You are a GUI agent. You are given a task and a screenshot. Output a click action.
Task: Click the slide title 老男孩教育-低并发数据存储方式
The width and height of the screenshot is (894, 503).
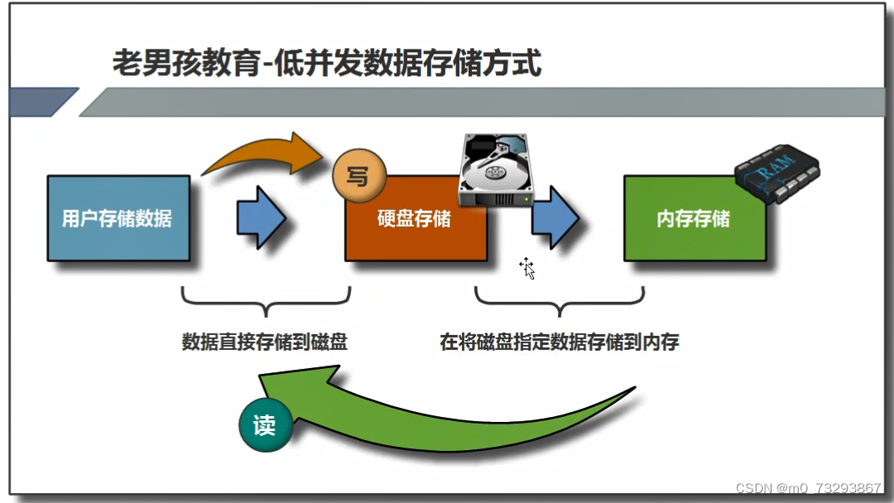tap(326, 63)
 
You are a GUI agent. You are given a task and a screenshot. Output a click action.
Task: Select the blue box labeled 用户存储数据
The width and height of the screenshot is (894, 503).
tap(118, 218)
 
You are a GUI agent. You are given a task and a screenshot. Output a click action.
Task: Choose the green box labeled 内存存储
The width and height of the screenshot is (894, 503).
tap(694, 219)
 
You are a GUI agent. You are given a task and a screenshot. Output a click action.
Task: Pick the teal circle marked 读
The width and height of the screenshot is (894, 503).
tap(264, 426)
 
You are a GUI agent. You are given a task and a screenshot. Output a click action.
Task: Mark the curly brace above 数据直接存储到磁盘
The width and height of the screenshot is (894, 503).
tap(265, 303)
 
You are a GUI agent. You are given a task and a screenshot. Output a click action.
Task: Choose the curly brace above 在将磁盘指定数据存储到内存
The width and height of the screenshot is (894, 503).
tap(560, 303)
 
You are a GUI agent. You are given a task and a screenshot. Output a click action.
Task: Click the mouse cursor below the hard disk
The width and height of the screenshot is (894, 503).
tap(527, 268)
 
